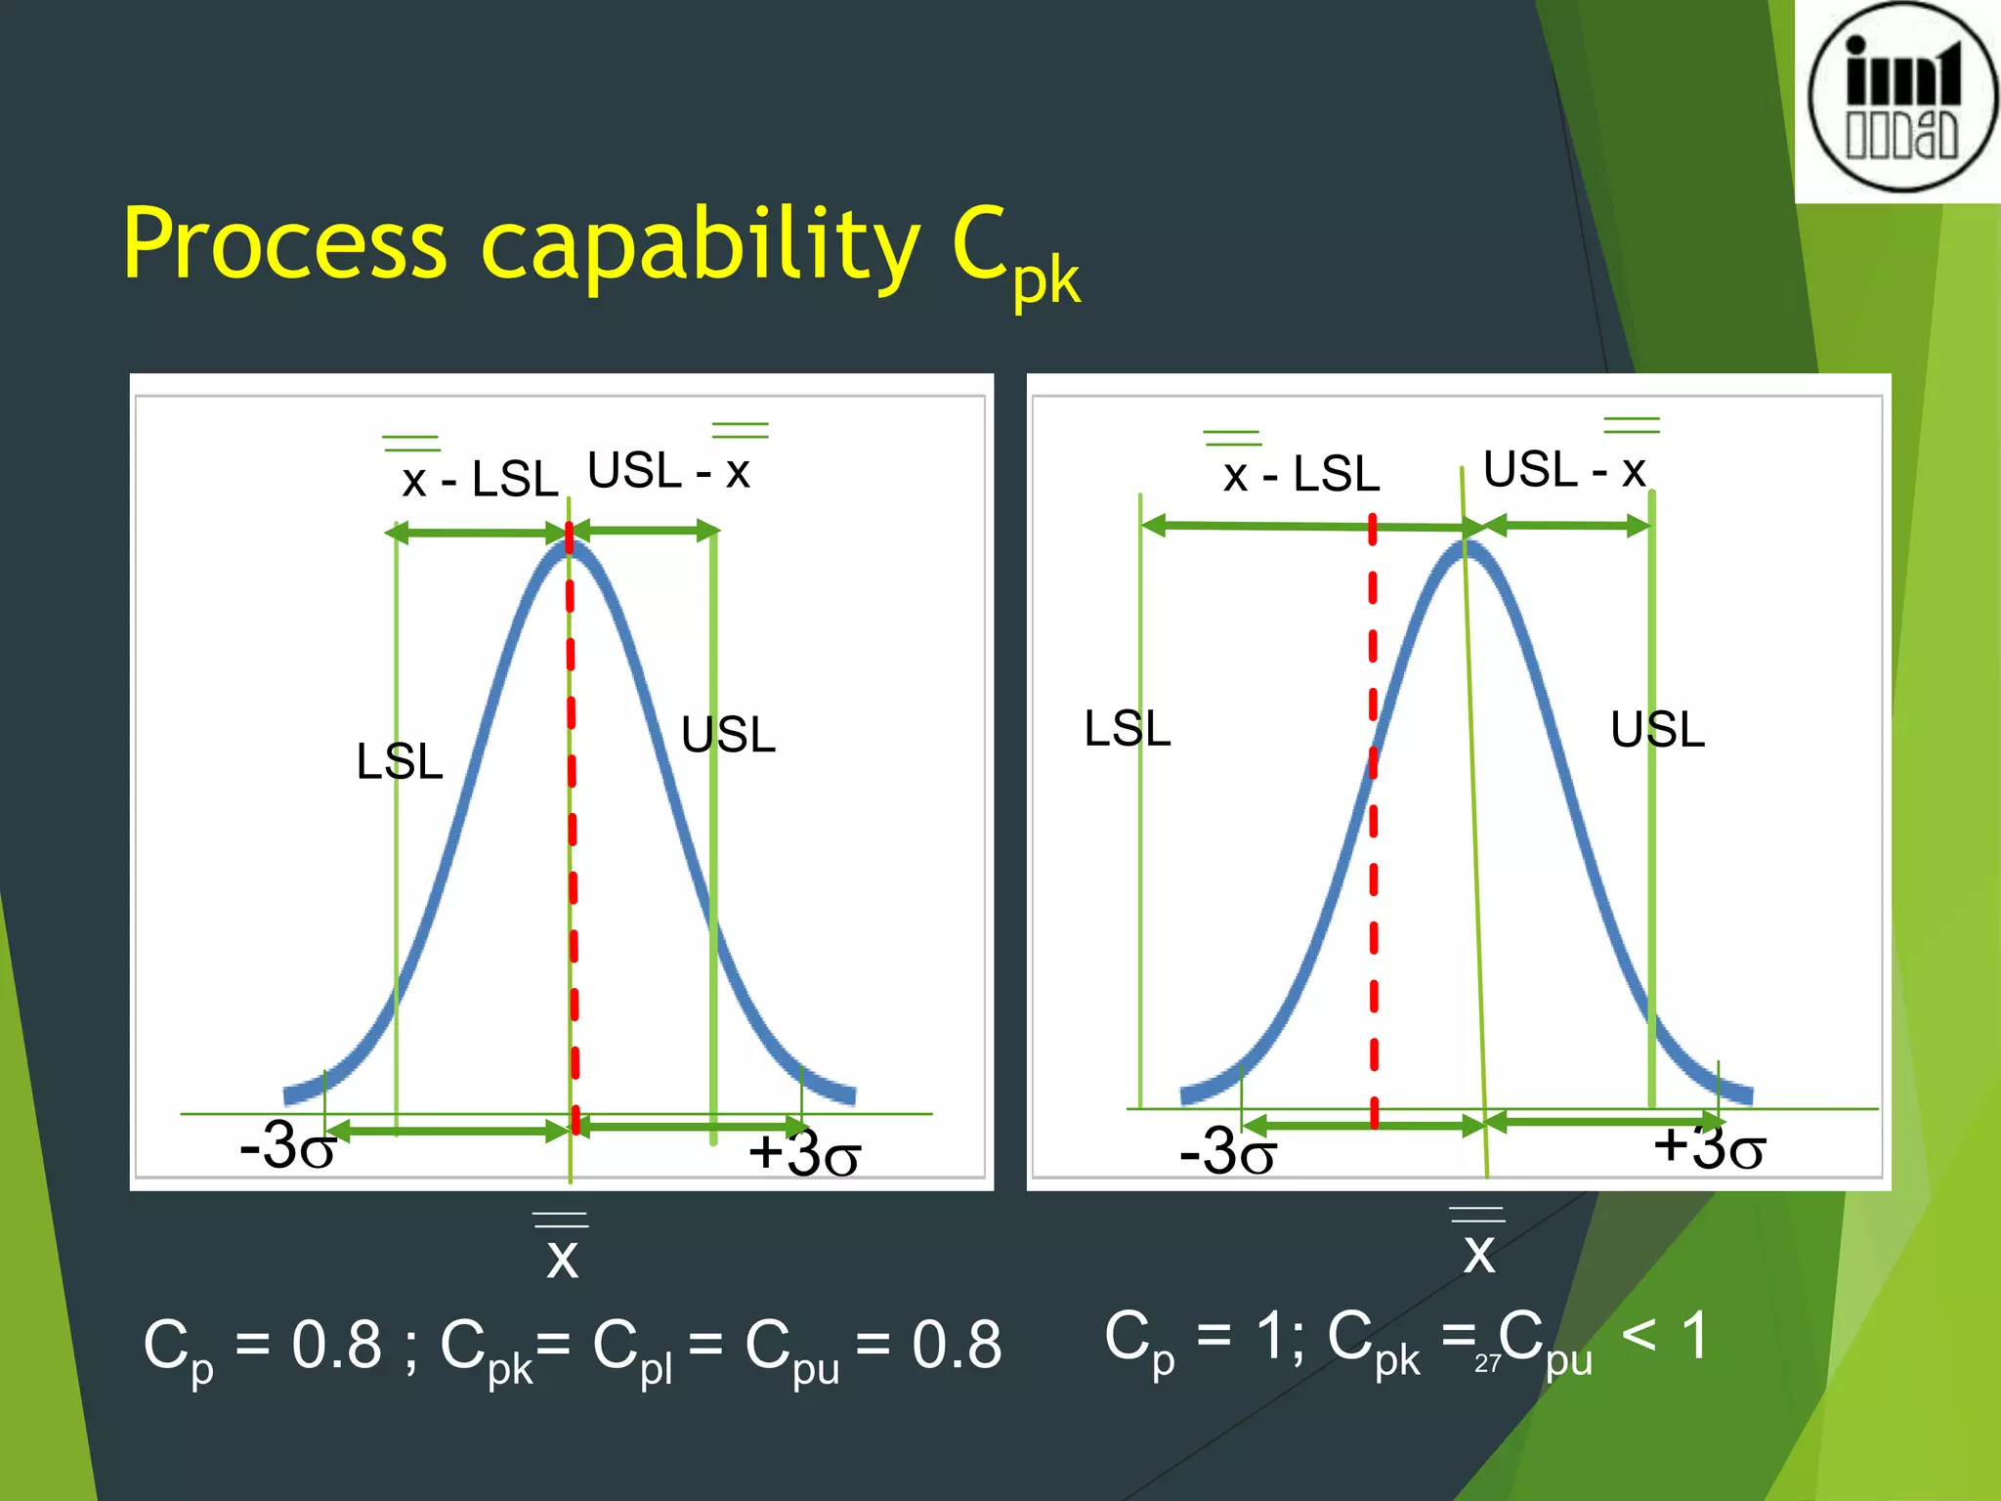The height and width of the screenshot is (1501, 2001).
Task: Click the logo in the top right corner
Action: click(1901, 98)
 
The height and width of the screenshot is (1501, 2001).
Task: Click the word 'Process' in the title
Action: click(284, 244)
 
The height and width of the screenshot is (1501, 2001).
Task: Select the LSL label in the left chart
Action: click(400, 761)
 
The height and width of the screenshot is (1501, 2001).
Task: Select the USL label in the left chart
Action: click(728, 735)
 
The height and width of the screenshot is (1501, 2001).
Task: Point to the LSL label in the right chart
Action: click(1128, 729)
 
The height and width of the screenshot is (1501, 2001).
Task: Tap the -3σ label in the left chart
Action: click(287, 1145)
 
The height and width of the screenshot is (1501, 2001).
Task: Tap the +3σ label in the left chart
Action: click(803, 1153)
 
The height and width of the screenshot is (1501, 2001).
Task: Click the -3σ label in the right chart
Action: click(1227, 1151)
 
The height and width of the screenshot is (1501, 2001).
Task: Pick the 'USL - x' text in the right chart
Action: click(1564, 470)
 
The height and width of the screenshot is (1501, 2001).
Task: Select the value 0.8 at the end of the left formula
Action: click(957, 1345)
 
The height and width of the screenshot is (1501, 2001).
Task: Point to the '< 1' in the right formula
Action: click(1665, 1336)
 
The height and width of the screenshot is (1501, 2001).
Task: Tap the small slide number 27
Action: click(1487, 1364)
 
